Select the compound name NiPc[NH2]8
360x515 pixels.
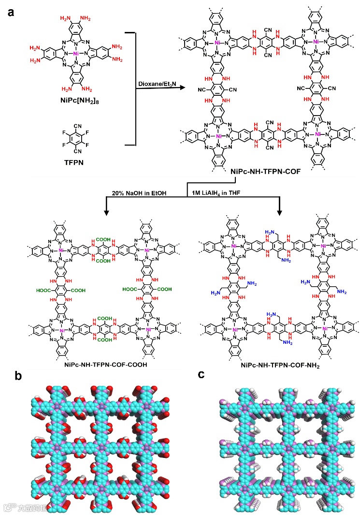(x=76, y=102)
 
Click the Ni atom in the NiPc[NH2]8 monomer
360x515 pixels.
(x=76, y=53)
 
